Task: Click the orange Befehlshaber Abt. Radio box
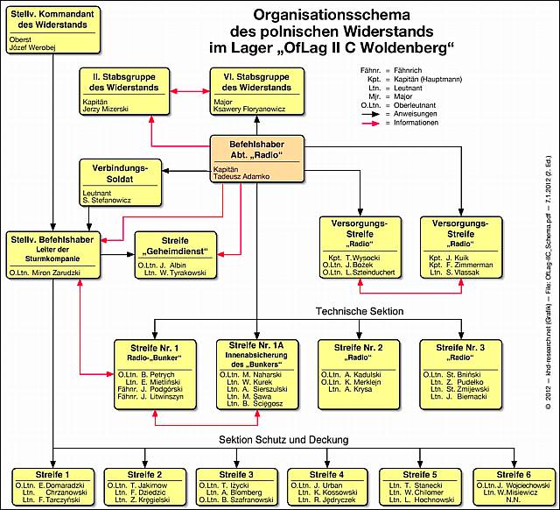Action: [x=256, y=159]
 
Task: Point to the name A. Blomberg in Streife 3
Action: [x=232, y=493]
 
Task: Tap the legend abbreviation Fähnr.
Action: [x=372, y=69]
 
